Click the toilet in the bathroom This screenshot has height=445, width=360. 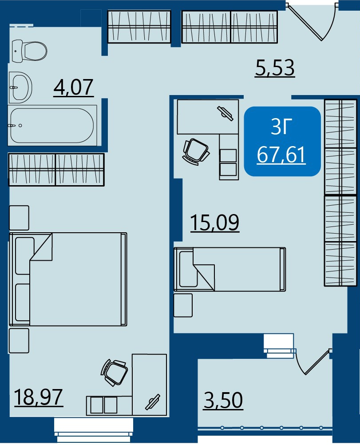pyautogui.click(x=29, y=51)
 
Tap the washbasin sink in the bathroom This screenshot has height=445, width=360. pyautogui.click(x=20, y=87)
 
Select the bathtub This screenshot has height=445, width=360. pyautogui.click(x=52, y=125)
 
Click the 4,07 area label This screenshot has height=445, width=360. pyautogui.click(x=74, y=87)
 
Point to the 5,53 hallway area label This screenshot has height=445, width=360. pyautogui.click(x=275, y=68)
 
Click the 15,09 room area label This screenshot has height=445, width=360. pyautogui.click(x=215, y=223)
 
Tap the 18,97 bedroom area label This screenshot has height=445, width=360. pyautogui.click(x=38, y=397)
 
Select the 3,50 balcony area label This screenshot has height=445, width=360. pyautogui.click(x=223, y=401)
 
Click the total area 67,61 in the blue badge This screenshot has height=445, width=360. pyautogui.click(x=281, y=155)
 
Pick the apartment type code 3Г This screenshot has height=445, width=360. pyautogui.click(x=281, y=127)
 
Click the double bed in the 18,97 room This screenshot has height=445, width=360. pyautogui.click(x=68, y=279)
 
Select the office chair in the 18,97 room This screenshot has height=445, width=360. pyautogui.click(x=115, y=372)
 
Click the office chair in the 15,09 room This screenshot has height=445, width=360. pyautogui.click(x=196, y=151)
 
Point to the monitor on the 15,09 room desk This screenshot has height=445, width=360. pyautogui.click(x=225, y=114)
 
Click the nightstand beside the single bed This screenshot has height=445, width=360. pyautogui.click(x=183, y=306)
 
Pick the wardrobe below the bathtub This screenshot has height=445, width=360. pyautogui.click(x=56, y=170)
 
